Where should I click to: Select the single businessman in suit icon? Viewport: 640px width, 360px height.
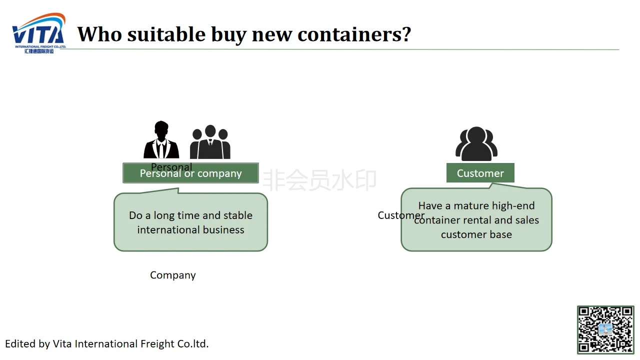click(161, 140)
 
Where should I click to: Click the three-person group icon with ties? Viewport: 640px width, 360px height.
click(210, 142)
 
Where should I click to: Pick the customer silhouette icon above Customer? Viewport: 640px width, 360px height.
click(476, 144)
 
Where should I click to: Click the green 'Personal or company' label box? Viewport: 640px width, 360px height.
click(190, 173)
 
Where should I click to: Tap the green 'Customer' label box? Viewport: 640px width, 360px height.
click(480, 173)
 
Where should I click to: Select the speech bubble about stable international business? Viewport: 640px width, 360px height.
click(190, 222)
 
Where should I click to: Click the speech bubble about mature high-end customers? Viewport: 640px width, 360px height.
click(476, 220)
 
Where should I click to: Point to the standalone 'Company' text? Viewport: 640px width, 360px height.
click(173, 275)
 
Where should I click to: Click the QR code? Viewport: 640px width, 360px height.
click(605, 329)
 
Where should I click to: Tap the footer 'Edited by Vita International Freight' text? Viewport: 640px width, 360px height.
click(107, 344)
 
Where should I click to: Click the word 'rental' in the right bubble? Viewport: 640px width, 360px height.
click(475, 220)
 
